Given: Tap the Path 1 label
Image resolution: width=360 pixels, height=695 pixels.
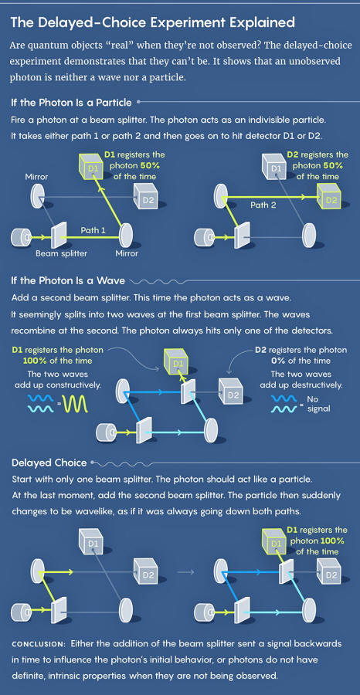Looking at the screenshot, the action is click(93, 230).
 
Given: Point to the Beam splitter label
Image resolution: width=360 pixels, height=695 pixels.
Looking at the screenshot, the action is click(62, 254).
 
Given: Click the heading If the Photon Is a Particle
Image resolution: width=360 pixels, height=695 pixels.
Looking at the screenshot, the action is click(71, 103).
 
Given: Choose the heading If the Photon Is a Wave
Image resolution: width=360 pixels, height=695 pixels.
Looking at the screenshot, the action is click(67, 280).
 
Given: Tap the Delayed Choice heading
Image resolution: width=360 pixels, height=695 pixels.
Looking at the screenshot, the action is click(49, 463).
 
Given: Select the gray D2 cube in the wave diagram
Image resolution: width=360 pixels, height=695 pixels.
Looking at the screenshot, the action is click(231, 390).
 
